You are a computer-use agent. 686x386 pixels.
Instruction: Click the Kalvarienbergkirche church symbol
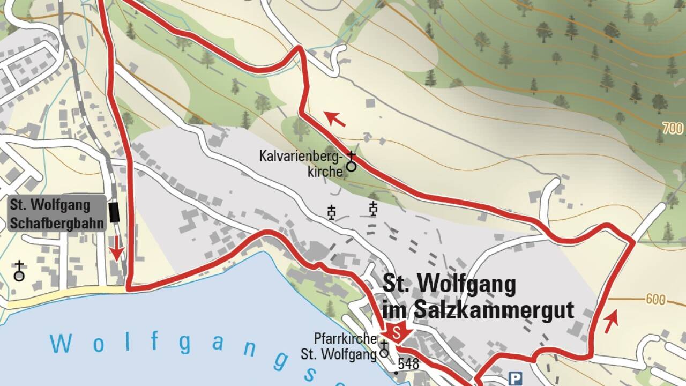(x=351, y=162)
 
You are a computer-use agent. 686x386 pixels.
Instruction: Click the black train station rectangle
(x=114, y=212)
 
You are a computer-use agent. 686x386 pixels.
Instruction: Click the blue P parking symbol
(x=516, y=378)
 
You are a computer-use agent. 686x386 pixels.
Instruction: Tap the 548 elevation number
(x=408, y=365)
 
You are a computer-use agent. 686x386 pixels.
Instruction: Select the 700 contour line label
(x=672, y=128)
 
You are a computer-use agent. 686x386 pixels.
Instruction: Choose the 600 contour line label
(x=655, y=299)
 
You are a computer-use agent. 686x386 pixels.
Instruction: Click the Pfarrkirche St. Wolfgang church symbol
(x=384, y=349)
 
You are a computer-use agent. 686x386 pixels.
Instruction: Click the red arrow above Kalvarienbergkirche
(x=335, y=118)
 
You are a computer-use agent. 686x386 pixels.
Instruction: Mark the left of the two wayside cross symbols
(x=332, y=213)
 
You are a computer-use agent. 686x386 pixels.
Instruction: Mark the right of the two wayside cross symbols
(x=374, y=209)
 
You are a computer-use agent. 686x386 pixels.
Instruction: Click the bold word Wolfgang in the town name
(x=466, y=284)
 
